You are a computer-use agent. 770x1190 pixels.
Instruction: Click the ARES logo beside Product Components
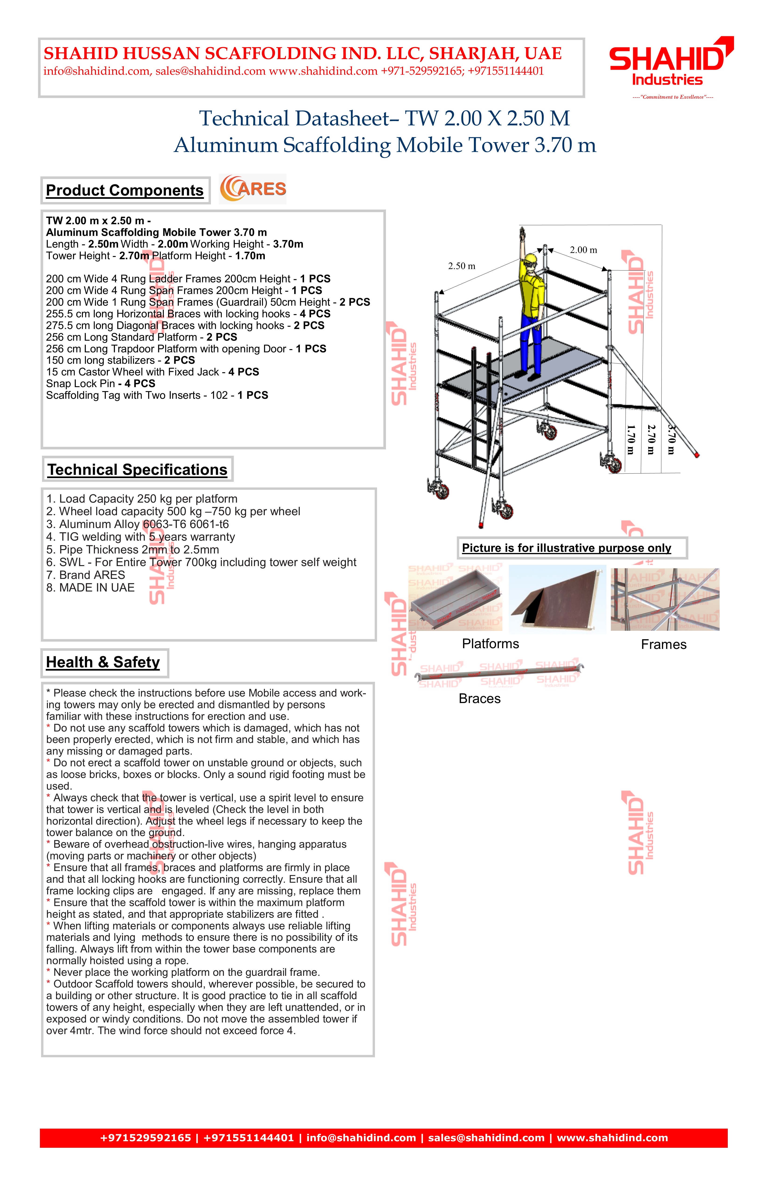[253, 189]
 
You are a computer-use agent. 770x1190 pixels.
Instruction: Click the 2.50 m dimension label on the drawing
[462, 266]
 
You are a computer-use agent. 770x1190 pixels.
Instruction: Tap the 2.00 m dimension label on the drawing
[584, 250]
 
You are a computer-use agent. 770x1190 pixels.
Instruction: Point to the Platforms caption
[490, 644]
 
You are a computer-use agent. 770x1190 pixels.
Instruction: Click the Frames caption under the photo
[664, 644]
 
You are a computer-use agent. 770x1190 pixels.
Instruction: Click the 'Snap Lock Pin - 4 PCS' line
[101, 384]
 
